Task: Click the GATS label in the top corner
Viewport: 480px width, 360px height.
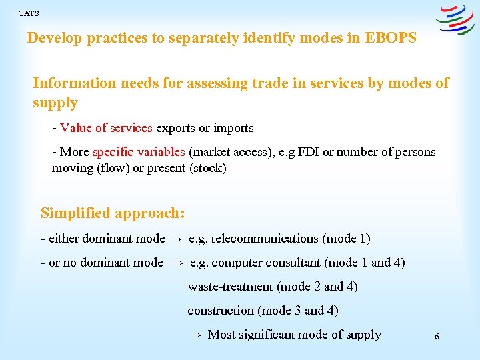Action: [x=29, y=13]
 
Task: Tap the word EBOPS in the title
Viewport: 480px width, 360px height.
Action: [x=391, y=38]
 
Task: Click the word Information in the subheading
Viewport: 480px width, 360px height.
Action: [x=74, y=83]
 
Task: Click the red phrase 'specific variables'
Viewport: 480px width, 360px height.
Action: [x=140, y=152]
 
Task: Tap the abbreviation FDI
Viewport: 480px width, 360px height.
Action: [x=308, y=152]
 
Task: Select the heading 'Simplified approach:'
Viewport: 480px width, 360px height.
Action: [x=113, y=213]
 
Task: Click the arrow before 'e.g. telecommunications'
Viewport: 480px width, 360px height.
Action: [x=176, y=239]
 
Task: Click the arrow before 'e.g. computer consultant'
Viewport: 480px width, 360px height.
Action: [x=176, y=263]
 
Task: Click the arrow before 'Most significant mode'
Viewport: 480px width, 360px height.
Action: [x=194, y=335]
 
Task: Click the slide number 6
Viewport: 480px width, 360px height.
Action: [x=437, y=337]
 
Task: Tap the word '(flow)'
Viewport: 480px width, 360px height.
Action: [x=113, y=168]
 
